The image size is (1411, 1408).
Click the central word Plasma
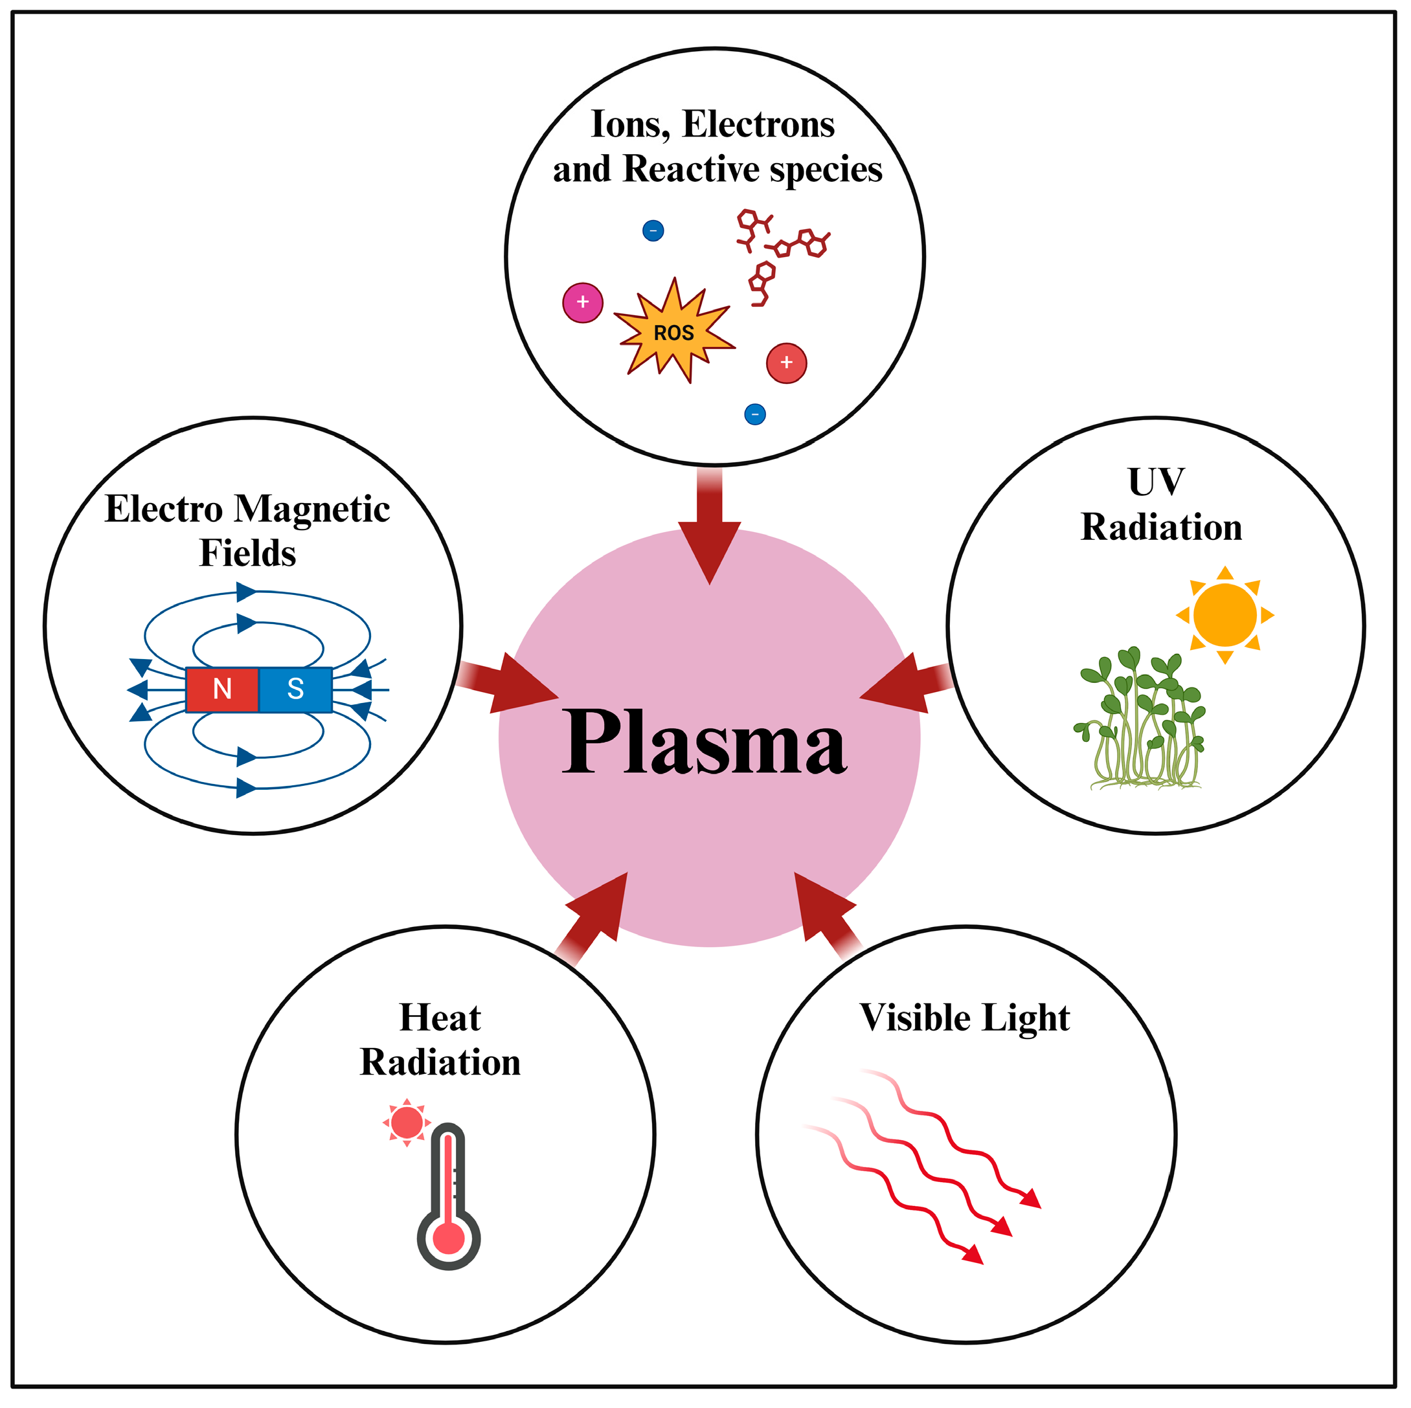(x=704, y=743)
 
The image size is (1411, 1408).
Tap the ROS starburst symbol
(x=673, y=332)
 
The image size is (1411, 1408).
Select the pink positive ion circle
(x=583, y=302)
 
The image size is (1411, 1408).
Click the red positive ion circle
(x=787, y=363)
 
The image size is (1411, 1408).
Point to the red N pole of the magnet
(x=222, y=689)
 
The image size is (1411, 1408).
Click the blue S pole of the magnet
(x=296, y=689)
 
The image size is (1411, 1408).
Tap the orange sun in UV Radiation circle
(x=1225, y=615)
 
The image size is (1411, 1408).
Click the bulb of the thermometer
(x=448, y=1238)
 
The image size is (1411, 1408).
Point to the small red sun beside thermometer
(x=407, y=1123)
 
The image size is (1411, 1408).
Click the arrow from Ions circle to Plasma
(x=709, y=530)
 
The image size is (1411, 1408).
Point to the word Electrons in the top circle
(x=758, y=124)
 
